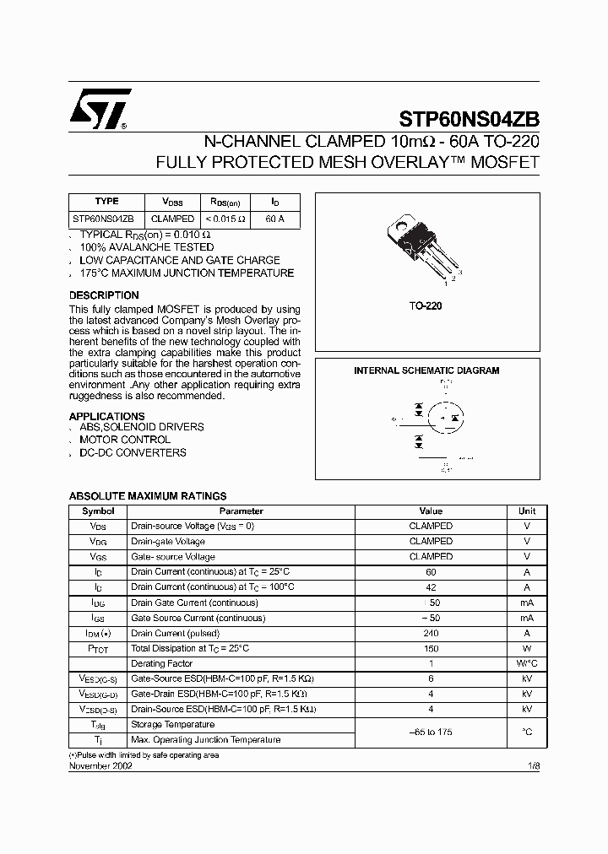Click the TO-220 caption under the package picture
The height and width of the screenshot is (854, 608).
[426, 306]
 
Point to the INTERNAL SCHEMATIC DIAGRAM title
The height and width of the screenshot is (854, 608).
[426, 370]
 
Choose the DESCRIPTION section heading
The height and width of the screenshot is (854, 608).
[104, 295]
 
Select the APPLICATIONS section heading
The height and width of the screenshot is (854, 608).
[106, 416]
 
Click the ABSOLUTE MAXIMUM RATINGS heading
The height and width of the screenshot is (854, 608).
[147, 496]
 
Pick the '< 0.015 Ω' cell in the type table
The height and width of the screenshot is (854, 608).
[225, 219]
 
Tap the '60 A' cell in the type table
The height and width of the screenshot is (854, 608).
[275, 219]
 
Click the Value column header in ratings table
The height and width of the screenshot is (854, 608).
[431, 511]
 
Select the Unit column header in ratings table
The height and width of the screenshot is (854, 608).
[527, 511]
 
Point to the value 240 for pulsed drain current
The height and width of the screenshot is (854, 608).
[431, 633]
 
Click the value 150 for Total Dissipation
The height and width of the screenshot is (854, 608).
[431, 648]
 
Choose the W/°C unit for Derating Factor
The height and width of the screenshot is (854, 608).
[527, 663]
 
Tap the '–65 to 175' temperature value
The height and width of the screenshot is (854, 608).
[431, 732]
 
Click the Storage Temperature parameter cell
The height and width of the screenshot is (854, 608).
[173, 724]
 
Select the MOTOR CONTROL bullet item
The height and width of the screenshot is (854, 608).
[125, 440]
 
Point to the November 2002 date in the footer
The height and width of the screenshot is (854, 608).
[100, 765]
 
